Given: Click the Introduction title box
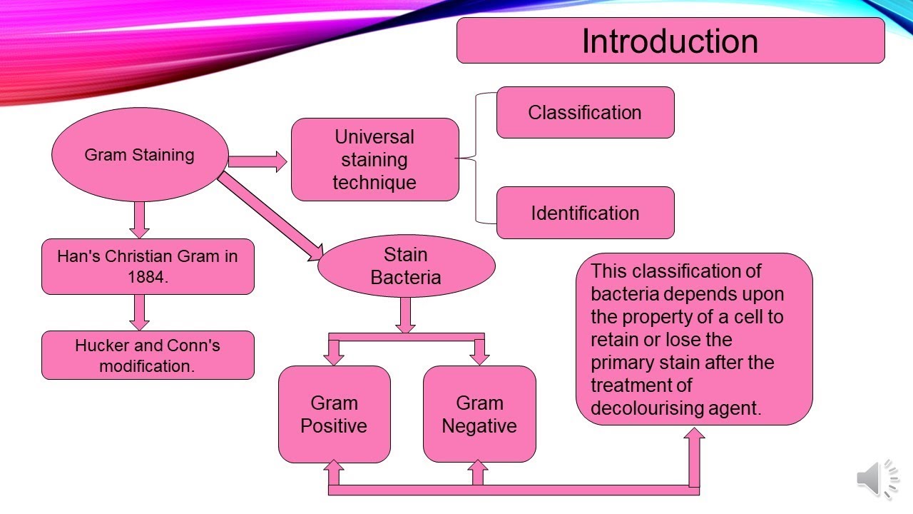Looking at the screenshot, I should pyautogui.click(x=670, y=41).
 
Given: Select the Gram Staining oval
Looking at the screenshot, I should pyautogui.click(x=140, y=155).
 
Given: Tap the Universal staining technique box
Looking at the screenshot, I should pyautogui.click(x=374, y=159).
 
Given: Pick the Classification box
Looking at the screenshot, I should pyautogui.click(x=585, y=113).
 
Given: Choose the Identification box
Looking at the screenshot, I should pyautogui.click(x=585, y=213).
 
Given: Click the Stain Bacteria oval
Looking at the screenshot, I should pyautogui.click(x=406, y=266).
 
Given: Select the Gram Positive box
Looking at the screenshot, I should pyautogui.click(x=334, y=415).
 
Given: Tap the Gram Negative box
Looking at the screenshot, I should pyautogui.click(x=479, y=415).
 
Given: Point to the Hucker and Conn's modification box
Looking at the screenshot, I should pyautogui.click(x=148, y=356).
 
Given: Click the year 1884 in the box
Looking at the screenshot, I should pyautogui.click(x=147, y=278).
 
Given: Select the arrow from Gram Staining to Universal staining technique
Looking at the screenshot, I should pyautogui.click(x=257, y=161).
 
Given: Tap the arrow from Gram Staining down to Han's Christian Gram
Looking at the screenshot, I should pyautogui.click(x=140, y=220).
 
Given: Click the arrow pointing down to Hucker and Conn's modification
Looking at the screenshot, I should pyautogui.click(x=140, y=312).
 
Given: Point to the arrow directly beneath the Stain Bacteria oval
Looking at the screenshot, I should pyautogui.click(x=405, y=315).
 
